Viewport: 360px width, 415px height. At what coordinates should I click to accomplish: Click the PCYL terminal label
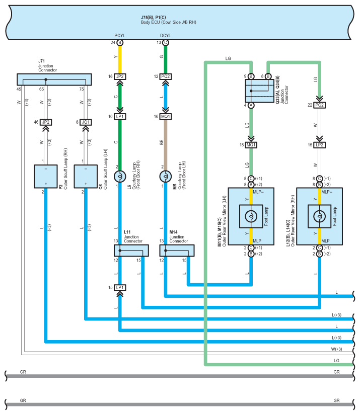(120, 36)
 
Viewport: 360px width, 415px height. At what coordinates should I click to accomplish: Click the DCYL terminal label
(165, 36)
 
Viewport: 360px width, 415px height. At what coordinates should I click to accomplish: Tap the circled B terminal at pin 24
(120, 43)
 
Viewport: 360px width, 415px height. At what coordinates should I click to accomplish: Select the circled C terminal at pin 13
(166, 43)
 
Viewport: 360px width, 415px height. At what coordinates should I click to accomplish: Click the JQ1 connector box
(86, 122)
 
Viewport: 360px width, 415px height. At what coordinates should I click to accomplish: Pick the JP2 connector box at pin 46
(45, 122)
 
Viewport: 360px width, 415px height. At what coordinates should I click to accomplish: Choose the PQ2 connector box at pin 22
(320, 105)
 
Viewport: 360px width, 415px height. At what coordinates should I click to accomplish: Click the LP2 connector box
(320, 145)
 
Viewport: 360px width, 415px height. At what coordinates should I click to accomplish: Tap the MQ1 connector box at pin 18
(251, 145)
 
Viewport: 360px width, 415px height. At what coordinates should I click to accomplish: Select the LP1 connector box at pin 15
(120, 287)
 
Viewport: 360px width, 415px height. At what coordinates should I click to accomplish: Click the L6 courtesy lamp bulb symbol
(120, 177)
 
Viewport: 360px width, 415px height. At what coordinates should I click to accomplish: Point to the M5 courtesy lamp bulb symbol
(166, 177)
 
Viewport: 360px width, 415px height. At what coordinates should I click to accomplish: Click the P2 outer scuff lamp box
(45, 177)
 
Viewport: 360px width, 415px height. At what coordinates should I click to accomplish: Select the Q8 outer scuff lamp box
(86, 177)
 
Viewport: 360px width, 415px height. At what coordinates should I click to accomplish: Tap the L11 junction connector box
(131, 251)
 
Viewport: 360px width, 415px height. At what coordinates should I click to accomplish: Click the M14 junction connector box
(177, 251)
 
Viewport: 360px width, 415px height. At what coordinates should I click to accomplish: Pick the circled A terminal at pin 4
(251, 105)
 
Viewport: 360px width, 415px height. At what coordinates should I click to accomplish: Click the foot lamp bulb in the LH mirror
(251, 216)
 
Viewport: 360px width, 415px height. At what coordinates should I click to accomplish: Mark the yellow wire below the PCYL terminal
(120, 59)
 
